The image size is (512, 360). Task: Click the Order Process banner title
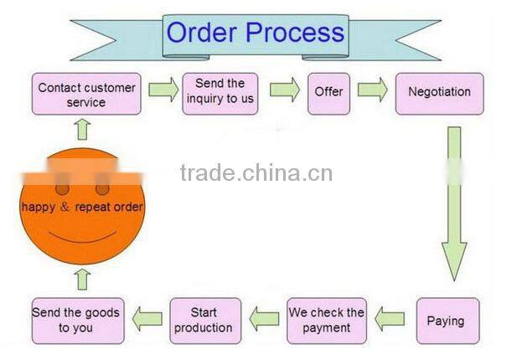[x=255, y=33]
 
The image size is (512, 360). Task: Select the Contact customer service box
[x=85, y=95]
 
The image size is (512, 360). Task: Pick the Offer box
[x=328, y=92]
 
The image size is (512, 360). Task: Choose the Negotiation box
[x=439, y=92]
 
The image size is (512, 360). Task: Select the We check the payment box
[x=327, y=320]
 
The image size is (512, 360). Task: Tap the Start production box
[x=204, y=320]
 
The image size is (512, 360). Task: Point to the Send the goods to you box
[x=76, y=320]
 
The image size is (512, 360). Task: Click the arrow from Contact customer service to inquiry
[x=163, y=90]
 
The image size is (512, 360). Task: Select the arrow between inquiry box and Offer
[x=285, y=90]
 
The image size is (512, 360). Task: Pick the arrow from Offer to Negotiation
[x=373, y=90]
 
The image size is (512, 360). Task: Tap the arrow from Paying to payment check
[x=390, y=318]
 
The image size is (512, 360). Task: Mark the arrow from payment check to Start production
[x=265, y=318]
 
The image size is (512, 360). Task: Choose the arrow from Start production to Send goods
[x=146, y=318]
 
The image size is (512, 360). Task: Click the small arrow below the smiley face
[x=82, y=279]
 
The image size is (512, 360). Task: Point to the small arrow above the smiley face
[x=81, y=129]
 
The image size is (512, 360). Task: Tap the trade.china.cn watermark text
[x=256, y=173]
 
